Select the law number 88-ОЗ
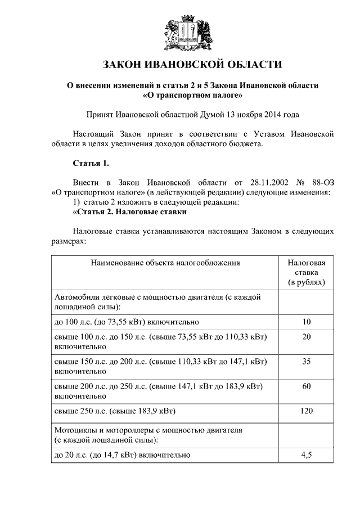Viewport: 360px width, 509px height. pyautogui.click(x=322, y=183)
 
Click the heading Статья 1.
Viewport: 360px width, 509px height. pyautogui.click(x=91, y=164)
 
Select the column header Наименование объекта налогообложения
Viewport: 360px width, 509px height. pyautogui.click(x=164, y=262)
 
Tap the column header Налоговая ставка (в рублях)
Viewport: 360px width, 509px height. pyautogui.click(x=307, y=272)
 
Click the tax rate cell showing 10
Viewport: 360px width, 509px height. pyautogui.click(x=307, y=322)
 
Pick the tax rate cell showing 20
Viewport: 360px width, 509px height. pyautogui.click(x=307, y=336)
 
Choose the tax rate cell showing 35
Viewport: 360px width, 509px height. pyautogui.click(x=307, y=362)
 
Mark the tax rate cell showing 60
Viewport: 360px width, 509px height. pyautogui.click(x=307, y=386)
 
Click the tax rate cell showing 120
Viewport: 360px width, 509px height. pyautogui.click(x=307, y=411)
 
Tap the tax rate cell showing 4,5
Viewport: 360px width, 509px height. pyautogui.click(x=307, y=455)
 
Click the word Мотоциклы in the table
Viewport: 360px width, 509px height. pyautogui.click(x=75, y=430)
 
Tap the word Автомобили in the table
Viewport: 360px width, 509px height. pyautogui.click(x=76, y=296)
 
